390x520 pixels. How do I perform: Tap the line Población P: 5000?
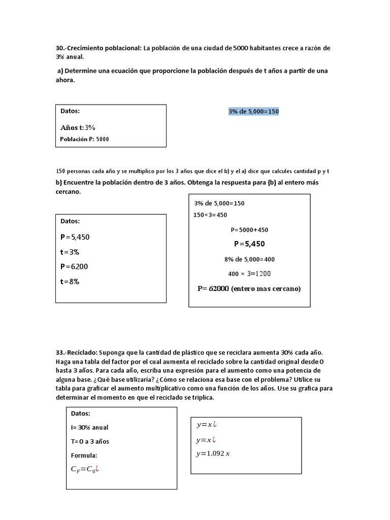84,139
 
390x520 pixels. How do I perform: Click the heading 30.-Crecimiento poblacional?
99,48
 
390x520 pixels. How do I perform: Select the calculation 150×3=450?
210,215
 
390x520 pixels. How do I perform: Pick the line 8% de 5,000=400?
249,259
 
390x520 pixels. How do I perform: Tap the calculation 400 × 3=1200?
249,274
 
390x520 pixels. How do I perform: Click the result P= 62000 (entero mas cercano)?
249,288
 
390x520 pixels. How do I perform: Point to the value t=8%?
70,281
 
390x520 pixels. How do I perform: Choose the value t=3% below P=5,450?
70,252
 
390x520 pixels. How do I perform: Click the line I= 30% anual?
89,428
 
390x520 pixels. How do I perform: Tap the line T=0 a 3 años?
90,441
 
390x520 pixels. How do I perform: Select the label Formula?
84,456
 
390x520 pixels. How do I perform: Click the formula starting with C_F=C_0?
84,469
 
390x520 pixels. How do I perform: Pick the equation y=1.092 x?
213,453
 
